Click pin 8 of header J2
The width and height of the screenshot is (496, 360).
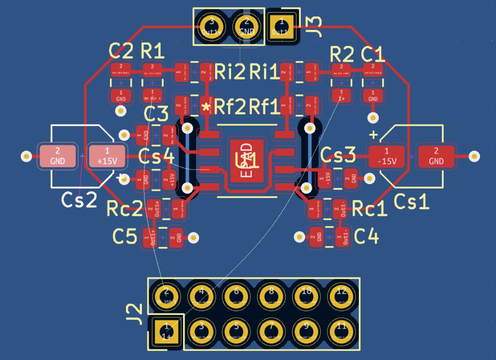[x=271, y=294]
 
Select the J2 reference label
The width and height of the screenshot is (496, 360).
[x=137, y=314]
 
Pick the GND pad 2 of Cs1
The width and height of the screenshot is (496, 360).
[x=436, y=156]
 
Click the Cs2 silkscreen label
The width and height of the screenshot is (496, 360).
[x=79, y=200]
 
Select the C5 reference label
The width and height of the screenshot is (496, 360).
[x=124, y=236]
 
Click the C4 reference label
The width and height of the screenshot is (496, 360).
[x=366, y=236]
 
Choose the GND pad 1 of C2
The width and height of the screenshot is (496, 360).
[x=121, y=95]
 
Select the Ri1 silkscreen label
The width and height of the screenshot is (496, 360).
[x=264, y=72]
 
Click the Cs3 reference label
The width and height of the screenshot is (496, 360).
[x=338, y=156]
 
